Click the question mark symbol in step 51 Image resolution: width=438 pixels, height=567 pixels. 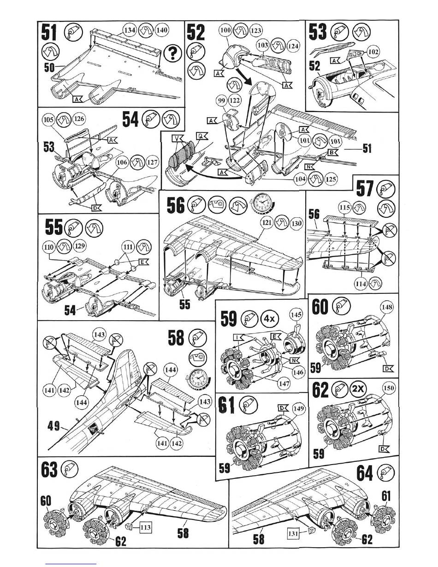[x=172, y=55]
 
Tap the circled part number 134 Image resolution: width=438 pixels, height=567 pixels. [x=130, y=30]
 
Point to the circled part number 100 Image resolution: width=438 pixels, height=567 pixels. [x=225, y=31]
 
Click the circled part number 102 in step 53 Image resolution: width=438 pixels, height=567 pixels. [x=373, y=53]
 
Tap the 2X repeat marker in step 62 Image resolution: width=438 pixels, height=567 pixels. [x=358, y=388]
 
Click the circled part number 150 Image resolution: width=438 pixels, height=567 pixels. [x=389, y=388]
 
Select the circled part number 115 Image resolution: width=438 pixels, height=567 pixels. [x=344, y=208]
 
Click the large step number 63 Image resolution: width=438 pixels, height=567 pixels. [x=50, y=470]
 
